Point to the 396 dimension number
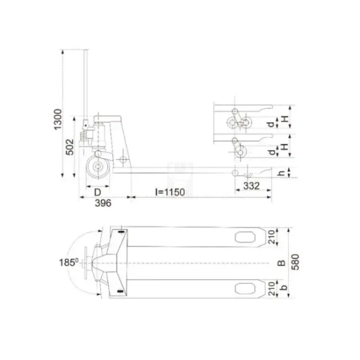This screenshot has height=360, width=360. coord(102,204)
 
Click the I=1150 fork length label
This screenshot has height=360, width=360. coord(169,192)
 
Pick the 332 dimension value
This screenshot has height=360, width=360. coord(251,185)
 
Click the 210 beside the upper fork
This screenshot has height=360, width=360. coord(271,237)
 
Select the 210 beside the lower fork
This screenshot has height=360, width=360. coord(271,288)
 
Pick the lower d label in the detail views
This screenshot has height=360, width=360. coord(271,152)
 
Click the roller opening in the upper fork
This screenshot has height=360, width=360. coord(245,237)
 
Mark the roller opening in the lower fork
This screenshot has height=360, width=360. coord(245,288)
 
